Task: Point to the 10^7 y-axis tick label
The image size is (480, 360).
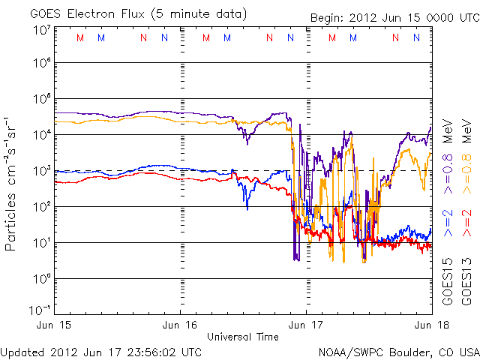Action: pos(40,30)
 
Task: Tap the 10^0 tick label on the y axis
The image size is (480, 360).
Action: pos(40,278)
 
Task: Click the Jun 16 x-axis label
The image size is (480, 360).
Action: pos(181,325)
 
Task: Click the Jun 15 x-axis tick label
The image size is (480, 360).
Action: pos(57,325)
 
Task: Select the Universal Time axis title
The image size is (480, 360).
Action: pos(243,337)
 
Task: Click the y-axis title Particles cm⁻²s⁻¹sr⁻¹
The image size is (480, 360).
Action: pos(13,184)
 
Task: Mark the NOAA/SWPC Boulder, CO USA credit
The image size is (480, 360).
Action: pos(398,351)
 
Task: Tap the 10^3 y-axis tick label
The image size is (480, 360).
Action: pos(40,172)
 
